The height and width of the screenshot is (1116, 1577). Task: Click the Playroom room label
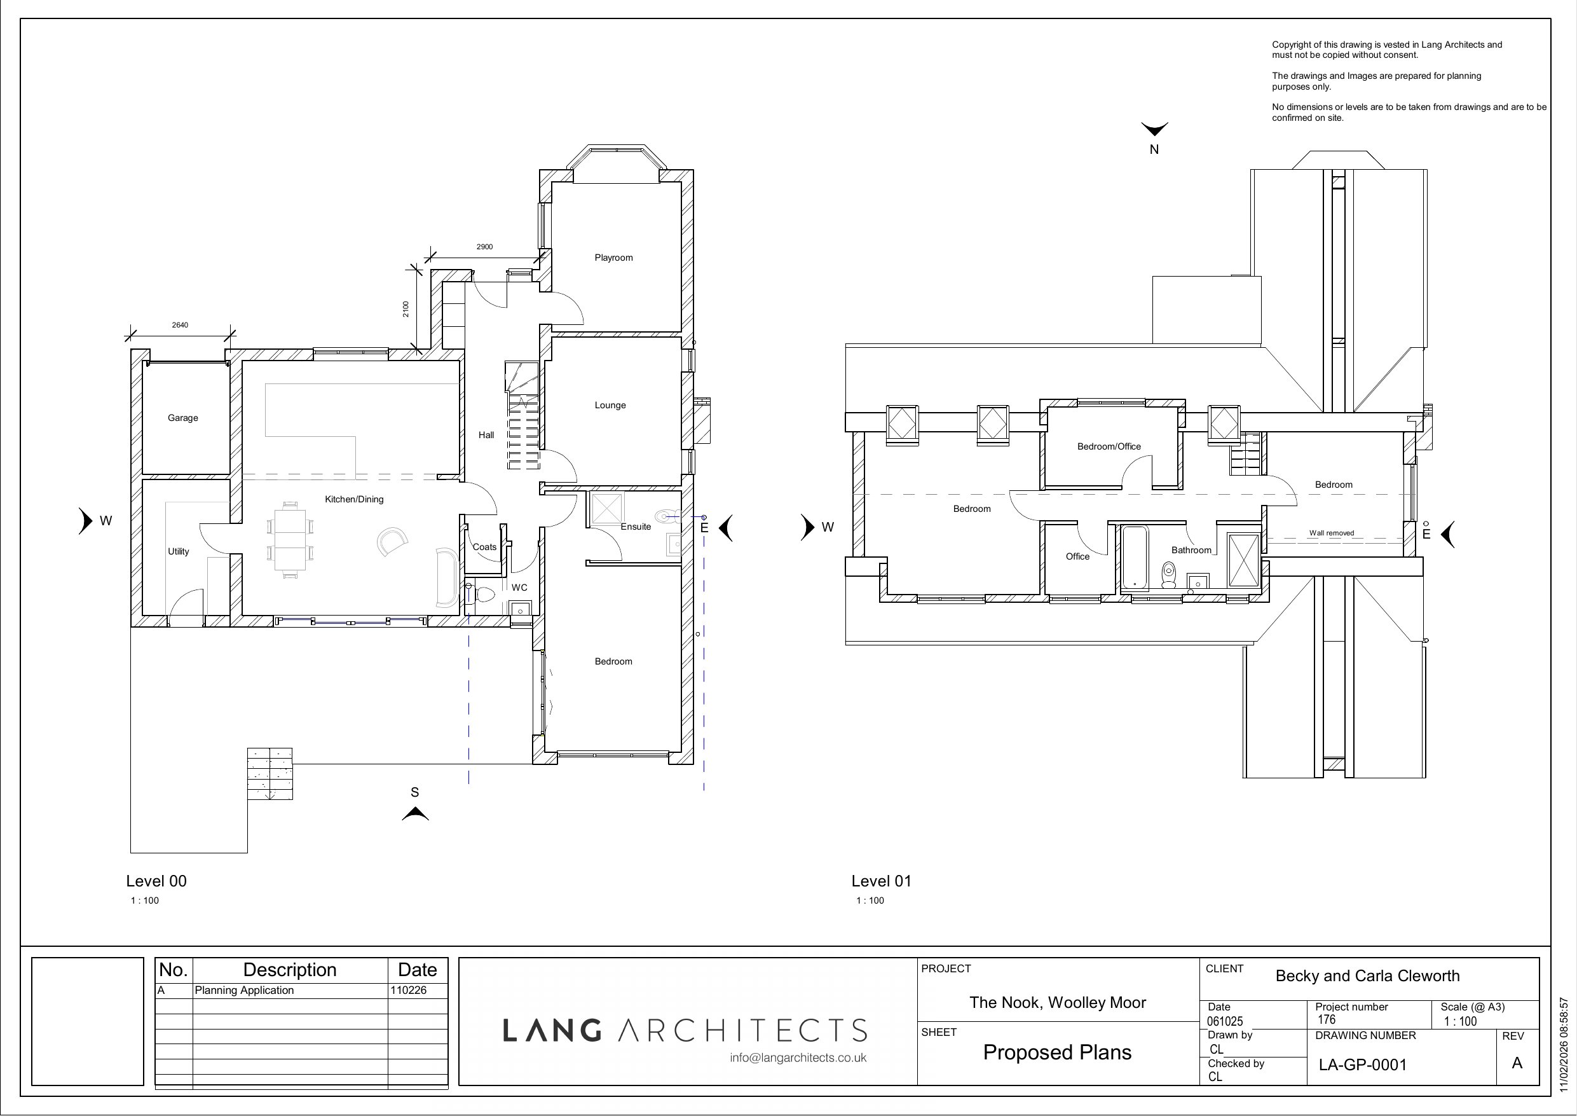click(613, 258)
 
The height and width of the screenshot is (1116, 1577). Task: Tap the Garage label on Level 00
click(182, 418)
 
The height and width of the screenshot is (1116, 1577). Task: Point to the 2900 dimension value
click(484, 247)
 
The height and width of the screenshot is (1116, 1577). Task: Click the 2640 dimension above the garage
click(180, 325)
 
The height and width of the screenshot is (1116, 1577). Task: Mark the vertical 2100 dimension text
click(406, 309)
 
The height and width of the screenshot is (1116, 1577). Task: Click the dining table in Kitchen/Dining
click(290, 540)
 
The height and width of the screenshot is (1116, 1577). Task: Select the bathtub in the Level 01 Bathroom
click(1135, 558)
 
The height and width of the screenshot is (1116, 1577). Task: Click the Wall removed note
click(1331, 533)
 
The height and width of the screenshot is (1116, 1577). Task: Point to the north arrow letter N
click(1154, 150)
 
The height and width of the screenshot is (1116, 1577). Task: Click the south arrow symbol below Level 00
click(415, 815)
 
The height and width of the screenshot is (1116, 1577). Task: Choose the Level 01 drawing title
click(881, 881)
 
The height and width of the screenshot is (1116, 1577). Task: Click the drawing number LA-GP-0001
click(1363, 1064)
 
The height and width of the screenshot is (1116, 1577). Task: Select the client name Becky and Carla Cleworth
click(1367, 976)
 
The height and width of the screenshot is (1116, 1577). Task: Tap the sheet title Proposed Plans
click(1057, 1052)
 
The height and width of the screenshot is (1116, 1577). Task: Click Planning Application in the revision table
click(244, 990)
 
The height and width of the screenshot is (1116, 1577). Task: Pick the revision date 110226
click(408, 990)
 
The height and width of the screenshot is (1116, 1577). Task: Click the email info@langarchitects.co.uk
click(798, 1057)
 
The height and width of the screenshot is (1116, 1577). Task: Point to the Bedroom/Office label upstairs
click(1109, 446)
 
